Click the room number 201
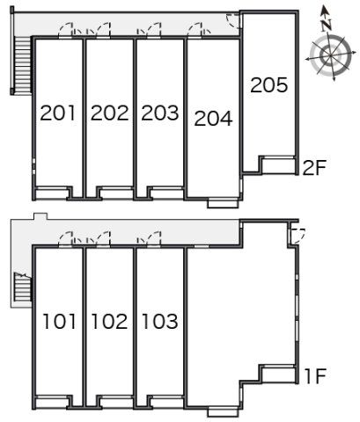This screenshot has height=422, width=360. click(57, 113)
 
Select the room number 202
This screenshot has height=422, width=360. click(110, 113)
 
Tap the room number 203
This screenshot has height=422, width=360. click(160, 113)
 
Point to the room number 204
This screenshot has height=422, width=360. click(213, 119)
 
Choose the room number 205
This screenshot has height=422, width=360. click(269, 85)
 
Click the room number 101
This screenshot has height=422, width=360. click(60, 321)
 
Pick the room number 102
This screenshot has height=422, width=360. click(109, 321)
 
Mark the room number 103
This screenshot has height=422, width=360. click(160, 321)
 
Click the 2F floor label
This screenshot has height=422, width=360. click(314, 168)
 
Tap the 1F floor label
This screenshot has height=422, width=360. click(315, 376)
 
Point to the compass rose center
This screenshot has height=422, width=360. click(330, 55)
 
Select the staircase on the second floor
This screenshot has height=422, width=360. click(23, 65)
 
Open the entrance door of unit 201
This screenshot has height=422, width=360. click(65, 31)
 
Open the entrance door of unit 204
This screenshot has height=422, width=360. click(195, 31)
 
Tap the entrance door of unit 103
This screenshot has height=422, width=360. click(154, 238)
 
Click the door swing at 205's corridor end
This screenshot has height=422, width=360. click(234, 20)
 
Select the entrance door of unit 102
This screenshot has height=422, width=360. click(103, 238)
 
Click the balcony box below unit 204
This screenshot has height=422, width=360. click(223, 204)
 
